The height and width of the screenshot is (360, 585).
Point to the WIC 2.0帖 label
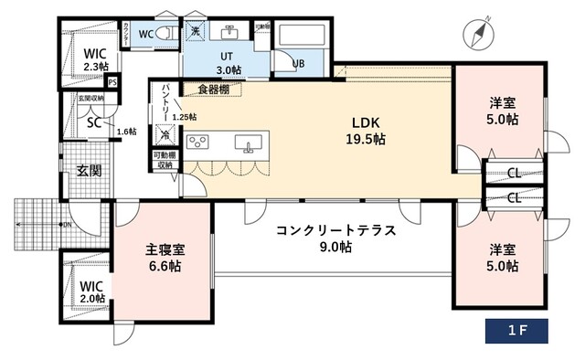coord(90,291)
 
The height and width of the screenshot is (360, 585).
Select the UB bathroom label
coord(298,63)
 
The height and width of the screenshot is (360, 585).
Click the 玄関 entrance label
coord(89,171)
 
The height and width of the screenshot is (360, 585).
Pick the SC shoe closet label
coord(92,122)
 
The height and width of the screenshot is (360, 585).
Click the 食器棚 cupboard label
coord(212,89)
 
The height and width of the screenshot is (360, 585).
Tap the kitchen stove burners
coord(198,143)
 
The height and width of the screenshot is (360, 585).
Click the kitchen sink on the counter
coord(247,143)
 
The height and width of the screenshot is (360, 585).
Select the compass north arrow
coord(479,32)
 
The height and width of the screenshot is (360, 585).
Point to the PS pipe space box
coord(112,82)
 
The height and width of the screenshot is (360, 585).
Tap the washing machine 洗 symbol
coord(196,31)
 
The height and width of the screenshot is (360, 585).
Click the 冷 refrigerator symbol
coord(165,135)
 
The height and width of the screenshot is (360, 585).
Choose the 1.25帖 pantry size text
coord(184,117)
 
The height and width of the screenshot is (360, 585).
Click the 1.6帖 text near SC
coord(126,132)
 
